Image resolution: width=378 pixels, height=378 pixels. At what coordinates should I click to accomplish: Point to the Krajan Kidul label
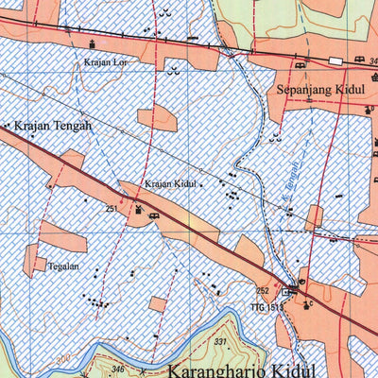pyautogui.click(x=172, y=184)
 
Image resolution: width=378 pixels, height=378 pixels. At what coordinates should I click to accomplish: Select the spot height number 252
pyautogui.click(x=263, y=290)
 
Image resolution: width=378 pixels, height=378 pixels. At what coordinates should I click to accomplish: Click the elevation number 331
pyautogui.click(x=221, y=341)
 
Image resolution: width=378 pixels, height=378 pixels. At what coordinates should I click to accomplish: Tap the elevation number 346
pyautogui.click(x=118, y=368)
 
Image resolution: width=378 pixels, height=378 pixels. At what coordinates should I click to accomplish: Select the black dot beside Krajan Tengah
pyautogui.click(x=6, y=125)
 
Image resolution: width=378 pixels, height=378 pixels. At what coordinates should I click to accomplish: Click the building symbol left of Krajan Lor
pyautogui.click(x=92, y=44)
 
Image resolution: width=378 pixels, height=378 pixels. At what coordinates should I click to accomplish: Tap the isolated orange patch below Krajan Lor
pyautogui.click(x=156, y=119)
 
